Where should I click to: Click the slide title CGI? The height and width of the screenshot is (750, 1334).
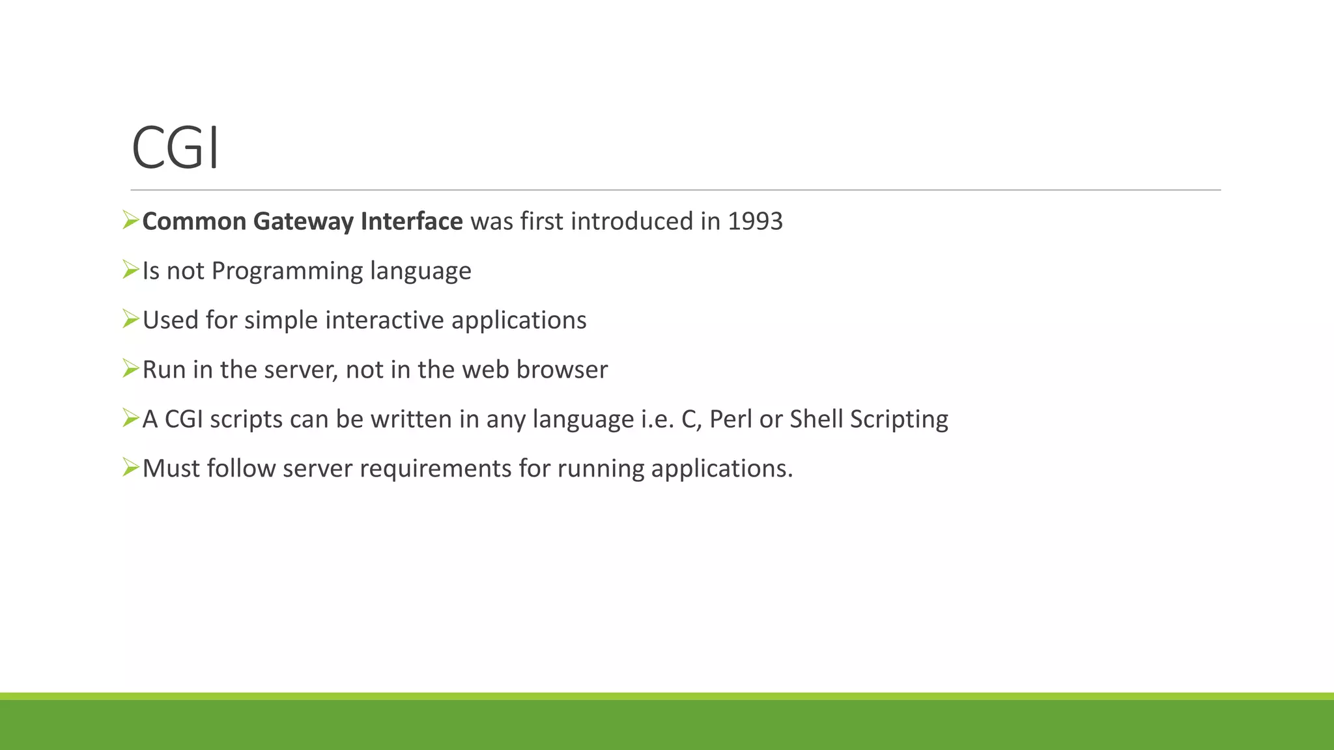tap(175, 148)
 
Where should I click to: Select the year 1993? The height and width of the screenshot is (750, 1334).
tap(755, 221)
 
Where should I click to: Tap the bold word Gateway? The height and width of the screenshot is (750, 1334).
tap(303, 221)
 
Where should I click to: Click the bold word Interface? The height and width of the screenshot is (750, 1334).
tap(412, 221)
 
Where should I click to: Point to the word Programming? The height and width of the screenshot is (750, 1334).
tap(287, 271)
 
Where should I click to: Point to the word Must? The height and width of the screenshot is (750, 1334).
tap(171, 469)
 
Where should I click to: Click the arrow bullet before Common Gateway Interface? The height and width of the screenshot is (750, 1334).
tap(130, 221)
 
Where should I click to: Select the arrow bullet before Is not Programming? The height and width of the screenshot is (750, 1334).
tap(130, 270)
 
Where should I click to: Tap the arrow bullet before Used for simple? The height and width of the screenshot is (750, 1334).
tap(130, 320)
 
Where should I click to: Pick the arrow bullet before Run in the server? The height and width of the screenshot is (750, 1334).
tap(130, 369)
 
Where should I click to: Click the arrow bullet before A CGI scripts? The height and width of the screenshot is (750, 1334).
tap(130, 419)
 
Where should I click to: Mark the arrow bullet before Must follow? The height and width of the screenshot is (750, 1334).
tap(130, 468)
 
